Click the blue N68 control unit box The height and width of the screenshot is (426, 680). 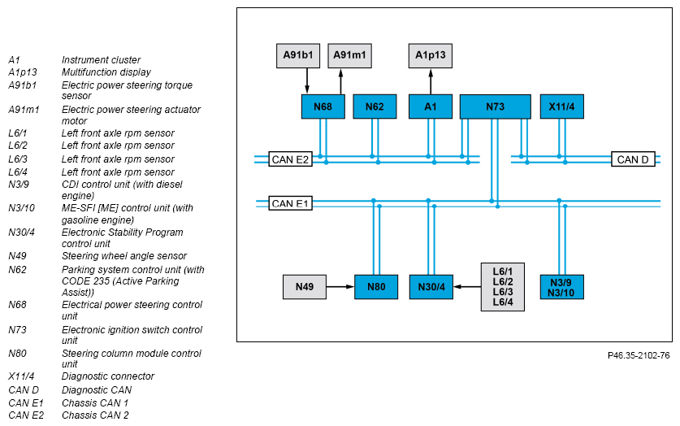click(x=323, y=106)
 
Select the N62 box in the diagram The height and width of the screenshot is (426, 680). click(x=375, y=106)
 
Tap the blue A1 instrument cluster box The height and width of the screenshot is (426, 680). click(x=431, y=106)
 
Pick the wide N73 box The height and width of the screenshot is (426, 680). click(x=496, y=106)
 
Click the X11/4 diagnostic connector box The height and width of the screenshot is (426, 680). click(x=562, y=106)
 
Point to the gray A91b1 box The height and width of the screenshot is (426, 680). click(x=298, y=55)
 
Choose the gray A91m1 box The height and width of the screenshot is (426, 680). click(x=349, y=55)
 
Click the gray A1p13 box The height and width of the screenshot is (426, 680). click(x=431, y=55)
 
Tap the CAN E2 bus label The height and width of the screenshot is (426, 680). click(x=290, y=159)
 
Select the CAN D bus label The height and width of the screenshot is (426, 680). click(x=633, y=159)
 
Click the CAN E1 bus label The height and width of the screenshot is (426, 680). click(x=290, y=203)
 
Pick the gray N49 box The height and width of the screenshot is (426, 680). click(x=305, y=287)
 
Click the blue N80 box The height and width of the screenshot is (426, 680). click(x=376, y=287)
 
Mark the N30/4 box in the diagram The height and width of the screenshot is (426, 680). click(x=431, y=287)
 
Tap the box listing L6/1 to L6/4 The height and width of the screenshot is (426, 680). click(x=503, y=287)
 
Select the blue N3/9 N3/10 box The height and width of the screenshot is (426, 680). click(x=562, y=287)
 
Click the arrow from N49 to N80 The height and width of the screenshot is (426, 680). click(x=340, y=287)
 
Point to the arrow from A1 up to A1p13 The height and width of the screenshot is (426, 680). click(x=431, y=81)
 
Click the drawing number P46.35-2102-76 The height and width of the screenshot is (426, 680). click(x=639, y=356)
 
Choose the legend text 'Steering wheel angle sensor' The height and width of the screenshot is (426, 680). click(x=124, y=256)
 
